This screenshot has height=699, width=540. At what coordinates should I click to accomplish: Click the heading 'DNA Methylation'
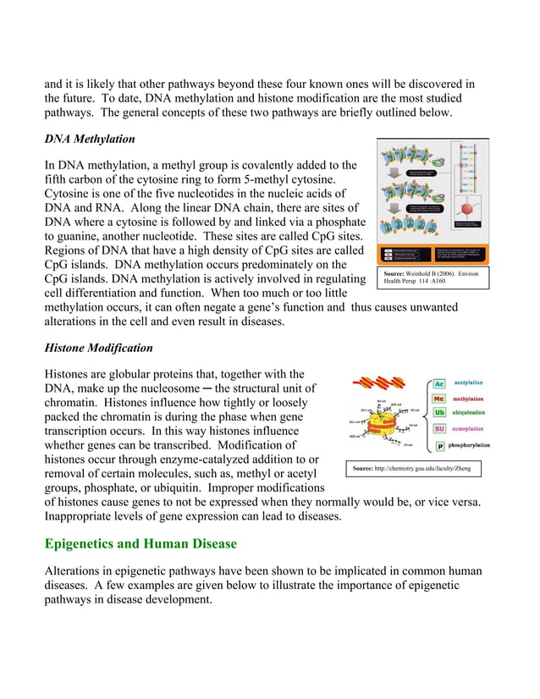click(x=89, y=139)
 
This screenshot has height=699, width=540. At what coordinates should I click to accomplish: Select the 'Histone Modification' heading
click(x=98, y=348)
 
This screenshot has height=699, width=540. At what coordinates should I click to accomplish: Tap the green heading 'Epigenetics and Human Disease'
click(x=141, y=542)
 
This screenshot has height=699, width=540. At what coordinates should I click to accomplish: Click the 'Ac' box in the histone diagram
click(x=439, y=384)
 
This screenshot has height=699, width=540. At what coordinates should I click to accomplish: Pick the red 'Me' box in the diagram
click(x=439, y=399)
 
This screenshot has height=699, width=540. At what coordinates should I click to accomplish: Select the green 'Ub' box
click(x=439, y=413)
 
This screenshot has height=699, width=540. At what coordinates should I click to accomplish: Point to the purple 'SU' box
click(x=439, y=429)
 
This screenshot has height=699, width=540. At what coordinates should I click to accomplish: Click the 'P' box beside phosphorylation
click(x=440, y=446)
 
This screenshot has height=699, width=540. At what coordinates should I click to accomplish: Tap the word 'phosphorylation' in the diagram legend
click(x=478, y=445)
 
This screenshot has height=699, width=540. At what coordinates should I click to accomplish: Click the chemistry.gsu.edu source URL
click(x=412, y=468)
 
